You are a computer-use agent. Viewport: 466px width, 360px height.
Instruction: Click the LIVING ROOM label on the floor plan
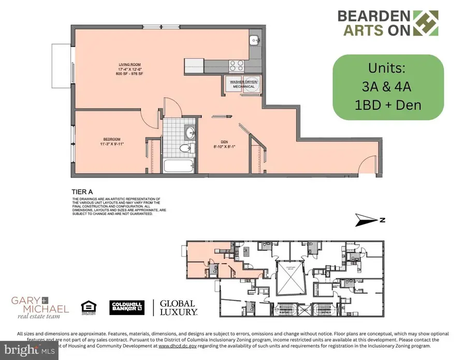coord(127,65)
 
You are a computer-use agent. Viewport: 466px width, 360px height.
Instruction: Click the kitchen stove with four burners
coord(237,65)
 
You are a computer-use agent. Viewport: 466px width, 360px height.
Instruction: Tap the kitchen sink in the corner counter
coord(255,39)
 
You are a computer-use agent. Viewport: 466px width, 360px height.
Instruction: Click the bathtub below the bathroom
coord(179,166)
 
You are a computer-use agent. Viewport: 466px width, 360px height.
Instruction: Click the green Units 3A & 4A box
coord(387,87)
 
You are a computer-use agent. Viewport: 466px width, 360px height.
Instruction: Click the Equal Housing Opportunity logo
coord(89,308)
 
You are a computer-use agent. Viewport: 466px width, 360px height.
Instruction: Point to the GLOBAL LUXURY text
coord(178,308)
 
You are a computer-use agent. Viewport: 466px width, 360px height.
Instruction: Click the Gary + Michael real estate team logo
coord(40,307)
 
